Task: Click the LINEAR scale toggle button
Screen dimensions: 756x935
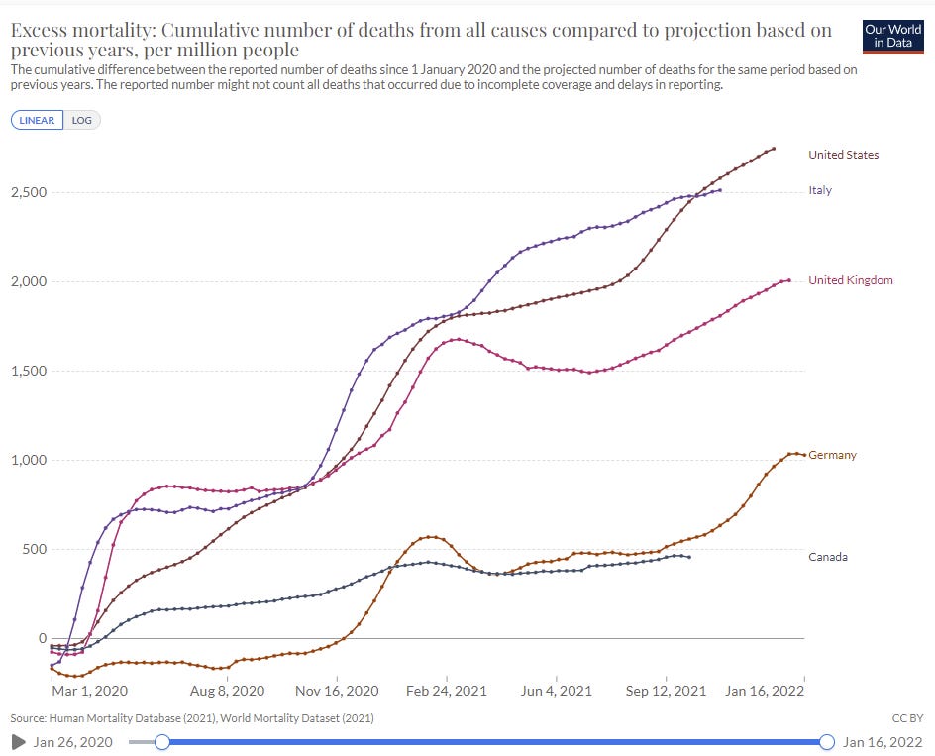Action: (x=37, y=120)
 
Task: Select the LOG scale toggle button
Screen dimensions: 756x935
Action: (x=82, y=120)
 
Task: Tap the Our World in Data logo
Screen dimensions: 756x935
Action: (x=894, y=36)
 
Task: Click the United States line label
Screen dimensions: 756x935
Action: (x=843, y=155)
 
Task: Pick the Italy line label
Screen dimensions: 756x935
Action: (x=820, y=190)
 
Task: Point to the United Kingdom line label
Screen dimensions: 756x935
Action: (x=850, y=280)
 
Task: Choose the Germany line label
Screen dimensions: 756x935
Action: (x=832, y=455)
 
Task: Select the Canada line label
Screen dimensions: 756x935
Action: (x=828, y=557)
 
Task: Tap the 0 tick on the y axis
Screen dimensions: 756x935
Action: (x=41, y=638)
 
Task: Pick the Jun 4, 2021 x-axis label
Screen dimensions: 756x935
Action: (x=557, y=691)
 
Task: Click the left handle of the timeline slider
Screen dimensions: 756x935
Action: (x=162, y=741)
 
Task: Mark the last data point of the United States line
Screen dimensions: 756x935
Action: (x=774, y=149)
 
